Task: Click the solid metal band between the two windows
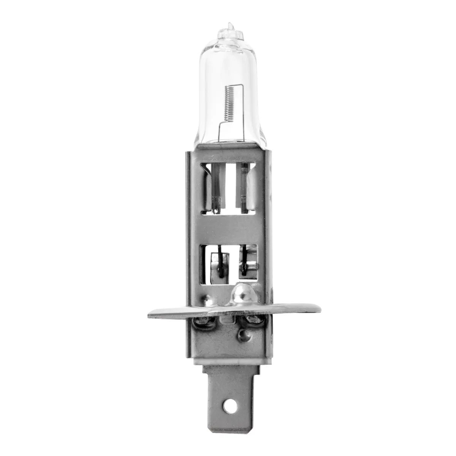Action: coord(228,228)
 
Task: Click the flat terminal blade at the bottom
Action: coord(228,391)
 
